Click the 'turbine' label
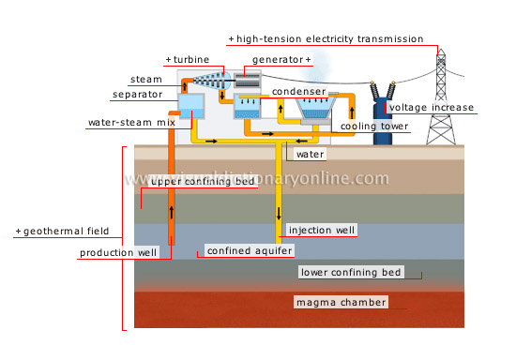[x=186, y=59]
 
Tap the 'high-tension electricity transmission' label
[x=331, y=38]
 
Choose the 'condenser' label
[x=298, y=91]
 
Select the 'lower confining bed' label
[x=350, y=273]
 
